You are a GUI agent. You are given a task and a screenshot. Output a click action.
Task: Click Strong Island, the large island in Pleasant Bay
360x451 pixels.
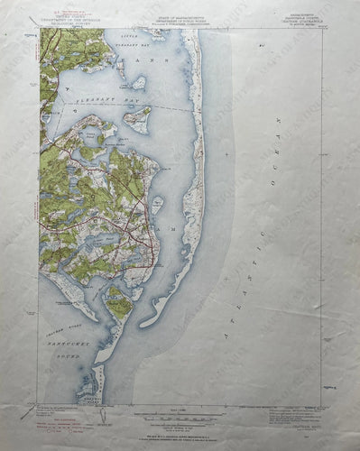pos(137,117)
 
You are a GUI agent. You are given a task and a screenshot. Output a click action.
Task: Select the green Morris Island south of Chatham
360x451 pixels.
pos(118,305)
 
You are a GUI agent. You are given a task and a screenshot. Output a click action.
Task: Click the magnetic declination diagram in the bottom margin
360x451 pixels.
pos(102,416)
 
